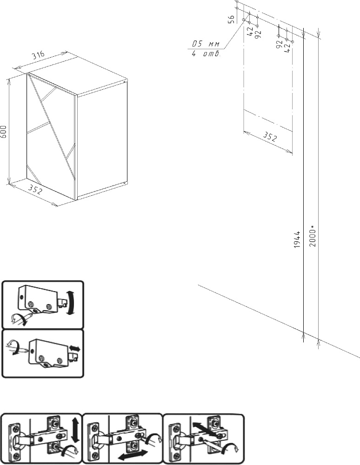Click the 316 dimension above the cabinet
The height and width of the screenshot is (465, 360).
pyautogui.click(x=38, y=55)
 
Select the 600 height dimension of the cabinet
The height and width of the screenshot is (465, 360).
pyautogui.click(x=3, y=132)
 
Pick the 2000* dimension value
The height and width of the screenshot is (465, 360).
pyautogui.click(x=313, y=236)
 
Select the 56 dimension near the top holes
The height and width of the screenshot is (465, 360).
pyautogui.click(x=232, y=19)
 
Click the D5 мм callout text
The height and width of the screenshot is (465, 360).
pyautogui.click(x=206, y=44)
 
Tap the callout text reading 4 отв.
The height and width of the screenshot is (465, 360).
pyautogui.click(x=206, y=54)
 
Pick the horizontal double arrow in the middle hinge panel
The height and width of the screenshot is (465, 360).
pyautogui.click(x=135, y=453)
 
